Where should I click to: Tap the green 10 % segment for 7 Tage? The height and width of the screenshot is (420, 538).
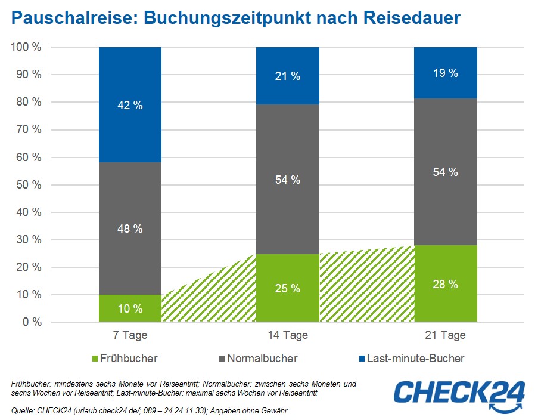130,308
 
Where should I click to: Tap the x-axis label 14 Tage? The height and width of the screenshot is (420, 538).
288,335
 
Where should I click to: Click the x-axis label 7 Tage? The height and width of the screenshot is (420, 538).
130,335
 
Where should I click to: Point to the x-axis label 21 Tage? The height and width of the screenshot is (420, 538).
446,335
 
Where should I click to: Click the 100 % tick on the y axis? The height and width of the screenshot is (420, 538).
26,47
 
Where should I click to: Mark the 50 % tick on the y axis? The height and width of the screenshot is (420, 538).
29,185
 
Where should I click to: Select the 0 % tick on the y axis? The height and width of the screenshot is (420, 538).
32,322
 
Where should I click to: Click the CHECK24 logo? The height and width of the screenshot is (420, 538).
459,395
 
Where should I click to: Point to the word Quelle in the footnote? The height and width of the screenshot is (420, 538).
24,410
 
